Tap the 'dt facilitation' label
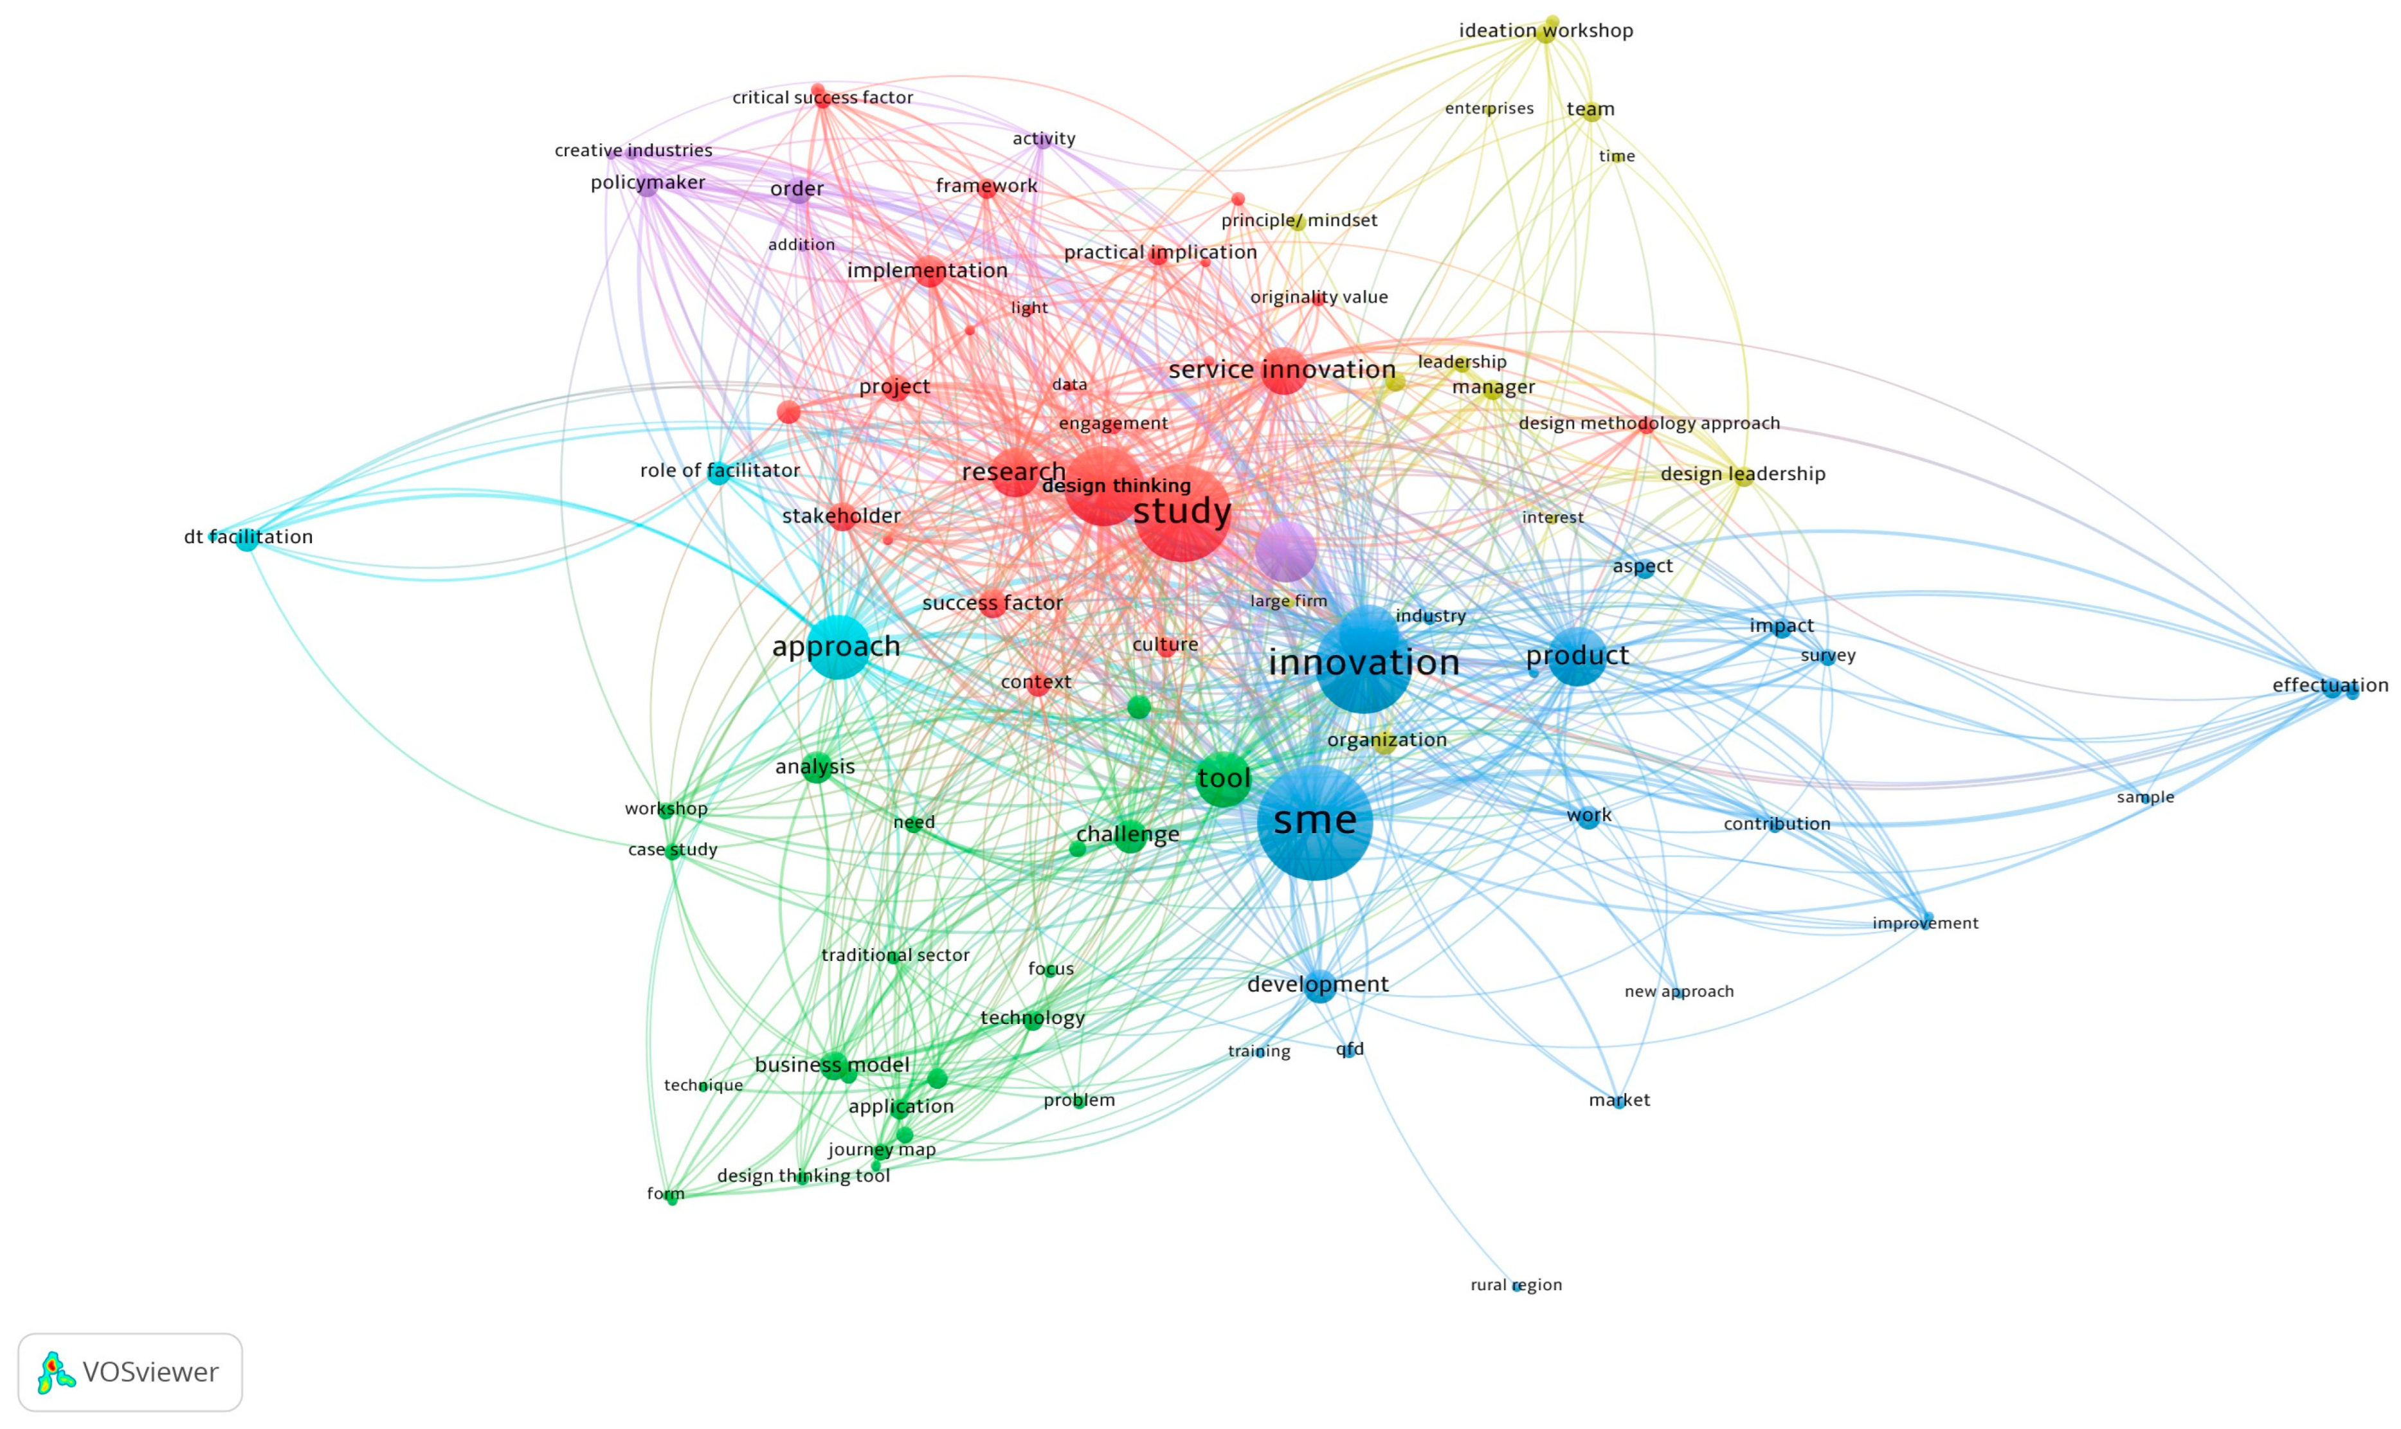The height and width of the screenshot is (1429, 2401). pos(248,536)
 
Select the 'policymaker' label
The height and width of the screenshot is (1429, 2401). pos(648,182)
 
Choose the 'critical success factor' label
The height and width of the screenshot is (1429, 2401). pos(822,97)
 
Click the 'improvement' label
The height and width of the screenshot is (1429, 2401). pos(1925,922)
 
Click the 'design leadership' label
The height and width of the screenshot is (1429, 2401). pos(1743,474)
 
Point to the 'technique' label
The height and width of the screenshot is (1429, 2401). pos(703,1085)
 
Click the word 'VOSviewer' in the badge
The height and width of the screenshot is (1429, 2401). pos(150,1372)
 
